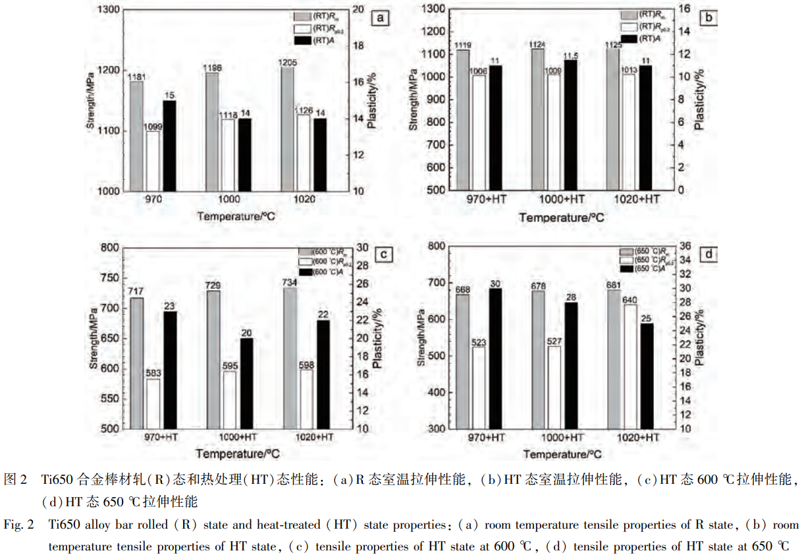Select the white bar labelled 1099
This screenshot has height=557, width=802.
153,161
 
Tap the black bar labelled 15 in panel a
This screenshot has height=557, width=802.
169,145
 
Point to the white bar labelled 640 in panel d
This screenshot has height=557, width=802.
630,366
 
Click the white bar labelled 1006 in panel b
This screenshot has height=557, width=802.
479,132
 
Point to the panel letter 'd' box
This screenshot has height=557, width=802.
707,254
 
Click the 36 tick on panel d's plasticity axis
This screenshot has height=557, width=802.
701,246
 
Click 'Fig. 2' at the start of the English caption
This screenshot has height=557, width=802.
18,525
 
